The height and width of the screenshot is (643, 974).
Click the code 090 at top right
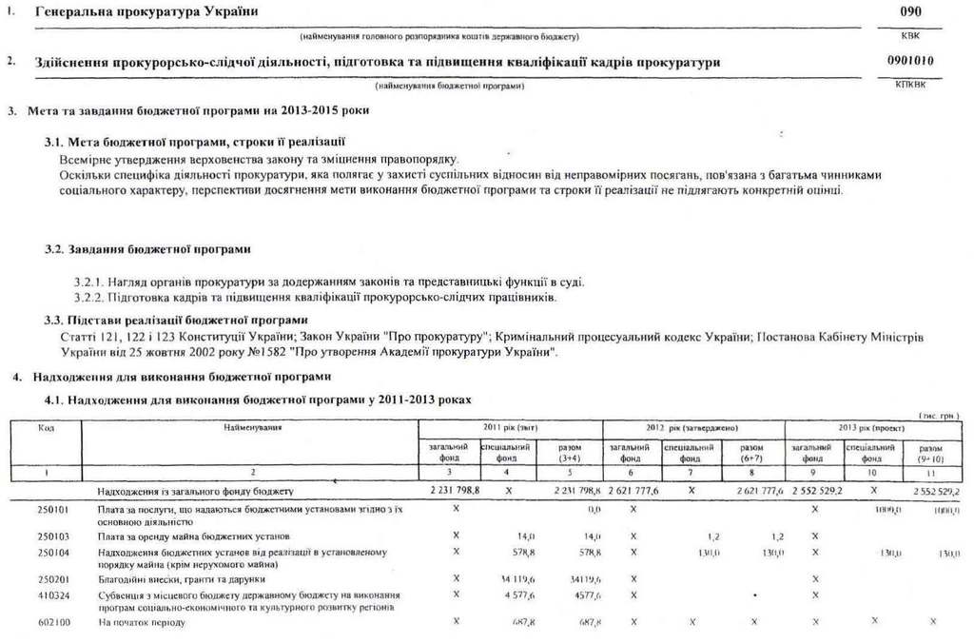[910, 11]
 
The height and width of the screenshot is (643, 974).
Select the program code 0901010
[910, 61]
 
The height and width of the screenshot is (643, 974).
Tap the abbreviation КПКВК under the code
[910, 85]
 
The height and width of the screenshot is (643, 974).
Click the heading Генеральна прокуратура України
[146, 11]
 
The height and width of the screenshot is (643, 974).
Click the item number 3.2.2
[88, 297]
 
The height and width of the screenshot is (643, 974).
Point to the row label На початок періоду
[142, 622]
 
